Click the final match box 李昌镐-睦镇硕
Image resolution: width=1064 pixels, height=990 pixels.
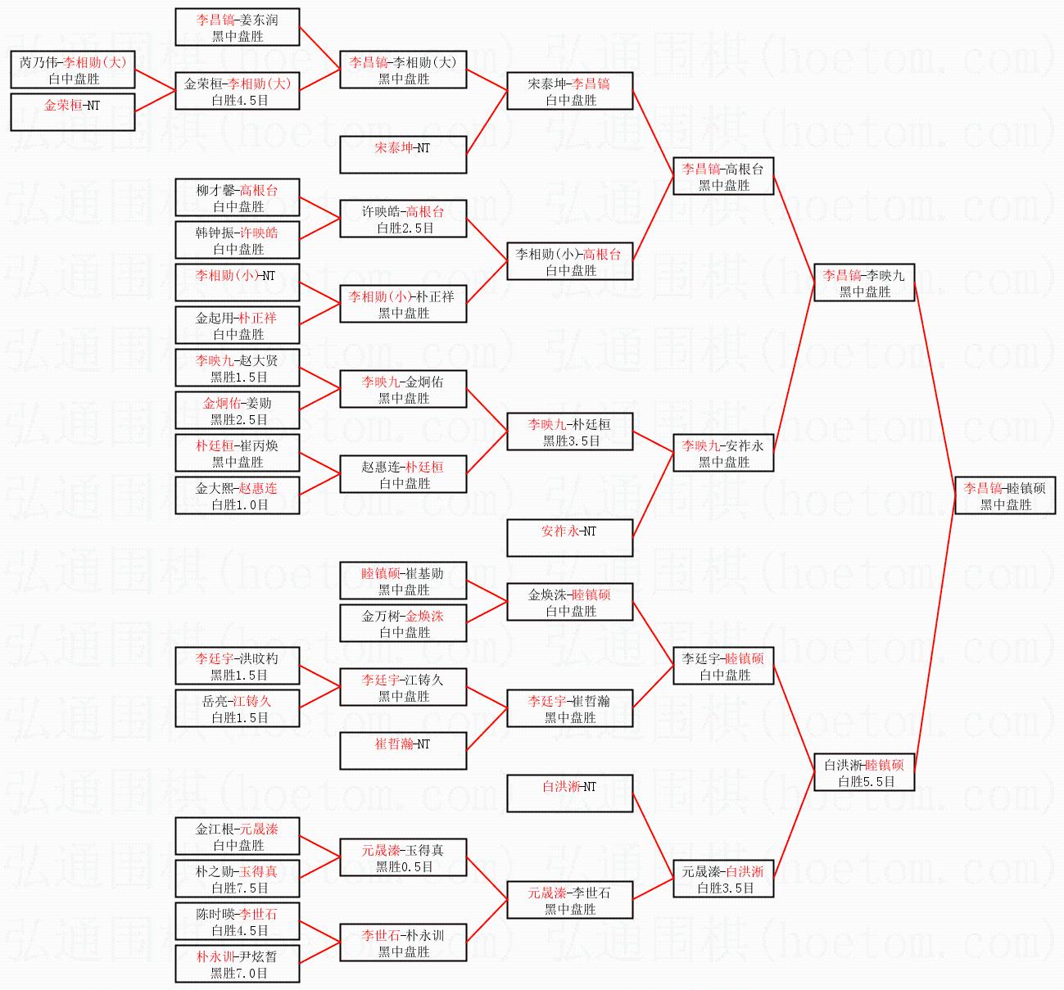click(1005, 495)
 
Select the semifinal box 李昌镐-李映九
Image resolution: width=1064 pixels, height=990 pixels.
click(864, 283)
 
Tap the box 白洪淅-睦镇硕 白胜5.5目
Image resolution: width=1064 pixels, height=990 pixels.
click(864, 772)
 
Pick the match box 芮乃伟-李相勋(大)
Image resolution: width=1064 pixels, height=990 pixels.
click(73, 70)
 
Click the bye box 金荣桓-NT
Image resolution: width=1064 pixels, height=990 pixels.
click(73, 112)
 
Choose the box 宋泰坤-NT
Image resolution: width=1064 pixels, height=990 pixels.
click(403, 154)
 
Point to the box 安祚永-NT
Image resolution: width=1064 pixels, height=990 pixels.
click(570, 538)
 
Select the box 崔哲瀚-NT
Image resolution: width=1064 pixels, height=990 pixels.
click(403, 751)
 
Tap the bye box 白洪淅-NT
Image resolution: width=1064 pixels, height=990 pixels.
click(570, 793)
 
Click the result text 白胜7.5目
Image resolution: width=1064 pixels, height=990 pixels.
click(239, 888)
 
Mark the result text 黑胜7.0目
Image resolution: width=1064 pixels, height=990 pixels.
click(239, 974)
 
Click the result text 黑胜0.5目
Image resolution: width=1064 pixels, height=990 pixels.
click(405, 867)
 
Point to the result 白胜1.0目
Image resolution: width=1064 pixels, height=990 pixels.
click(239, 504)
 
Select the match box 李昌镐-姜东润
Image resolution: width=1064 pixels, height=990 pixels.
click(238, 27)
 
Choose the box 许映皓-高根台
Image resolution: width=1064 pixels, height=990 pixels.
click(403, 219)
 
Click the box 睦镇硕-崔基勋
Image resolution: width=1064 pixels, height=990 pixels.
click(403, 581)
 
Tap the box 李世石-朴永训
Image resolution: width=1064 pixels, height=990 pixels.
click(403, 943)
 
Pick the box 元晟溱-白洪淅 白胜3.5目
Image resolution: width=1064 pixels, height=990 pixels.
click(723, 879)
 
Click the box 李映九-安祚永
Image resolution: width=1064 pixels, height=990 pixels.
click(723, 453)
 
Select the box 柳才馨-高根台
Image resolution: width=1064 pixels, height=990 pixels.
click(238, 197)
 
